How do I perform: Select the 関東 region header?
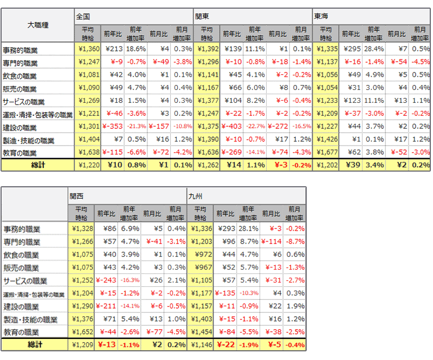tap(203, 17)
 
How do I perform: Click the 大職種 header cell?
tap(38, 25)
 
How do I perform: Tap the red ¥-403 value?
tap(231, 127)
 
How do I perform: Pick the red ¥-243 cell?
tap(106, 281)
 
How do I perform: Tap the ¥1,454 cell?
tap(199, 331)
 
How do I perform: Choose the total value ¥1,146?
tap(199, 344)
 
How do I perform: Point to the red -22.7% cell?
tap(255, 127)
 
